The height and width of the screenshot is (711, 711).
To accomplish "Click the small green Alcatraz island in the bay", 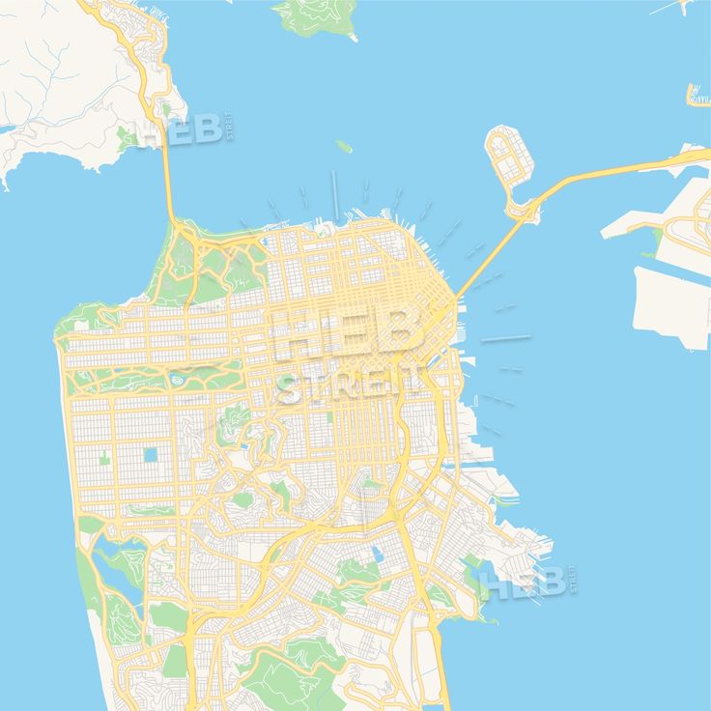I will pyautogui.click(x=343, y=147).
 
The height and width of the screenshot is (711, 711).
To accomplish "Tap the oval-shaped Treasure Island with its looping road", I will pyautogui.click(x=509, y=156).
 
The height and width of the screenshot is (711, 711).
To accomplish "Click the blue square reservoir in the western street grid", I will pyautogui.click(x=151, y=454).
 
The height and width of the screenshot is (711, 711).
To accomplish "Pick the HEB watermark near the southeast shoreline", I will pyautogui.click(x=527, y=583).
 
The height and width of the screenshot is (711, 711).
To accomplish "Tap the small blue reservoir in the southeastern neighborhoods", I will pyautogui.click(x=375, y=555).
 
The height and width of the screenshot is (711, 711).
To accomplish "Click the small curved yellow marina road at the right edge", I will pyautogui.click(x=697, y=95).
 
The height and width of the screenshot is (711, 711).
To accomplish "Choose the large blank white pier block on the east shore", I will pyautogui.click(x=670, y=305).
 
